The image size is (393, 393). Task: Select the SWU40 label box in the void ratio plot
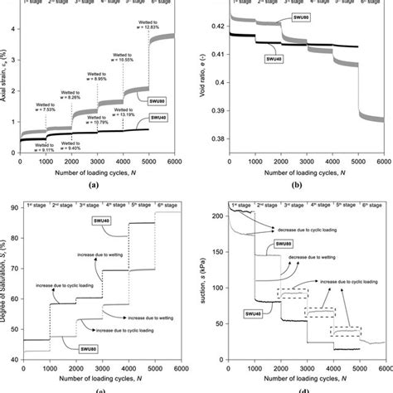pyautogui.click(x=273, y=58)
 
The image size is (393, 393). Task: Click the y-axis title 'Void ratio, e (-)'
pyautogui.click(x=201, y=75)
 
